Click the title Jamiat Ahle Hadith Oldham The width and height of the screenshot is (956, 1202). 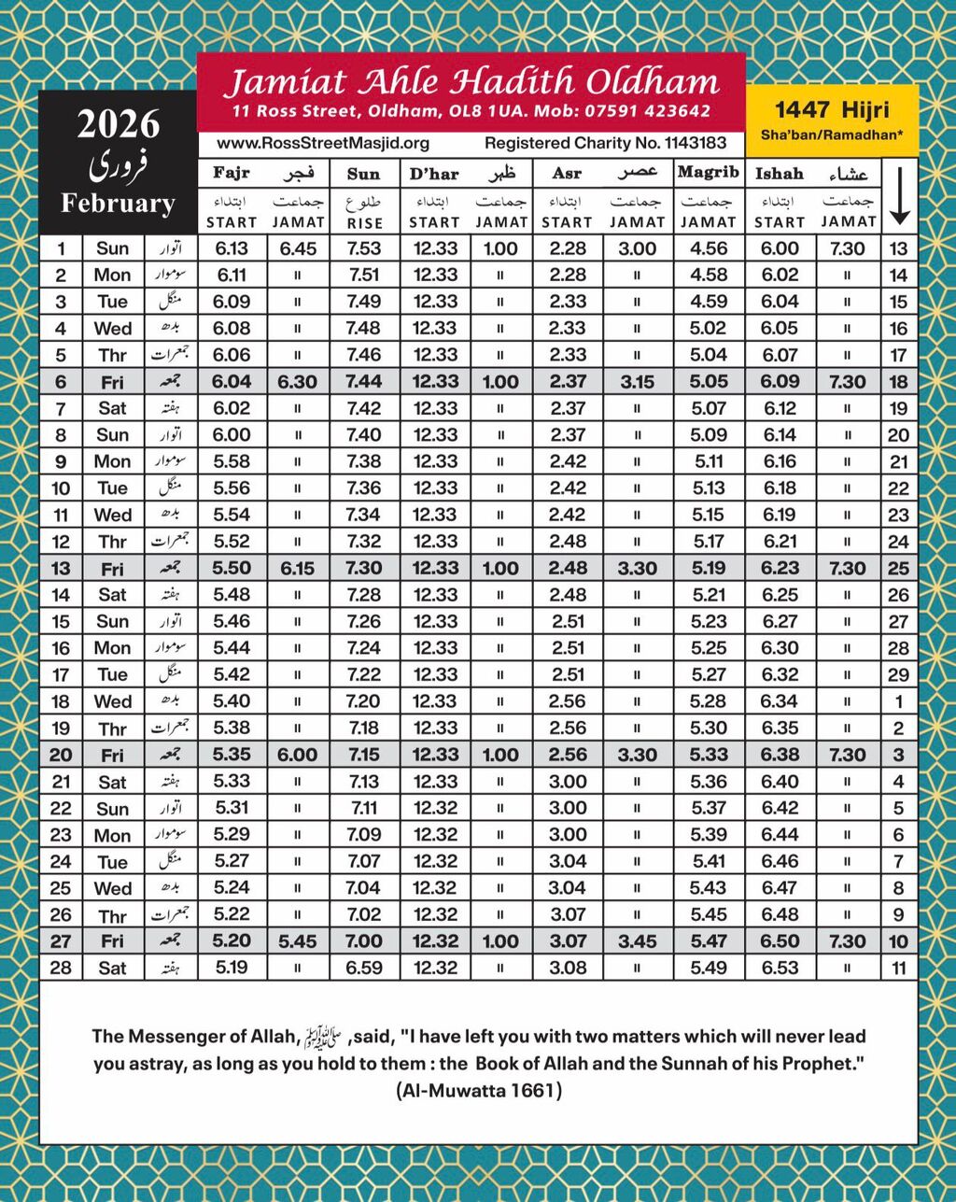click(471, 82)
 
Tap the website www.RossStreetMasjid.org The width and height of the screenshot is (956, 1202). click(323, 143)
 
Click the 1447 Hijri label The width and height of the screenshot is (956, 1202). click(832, 110)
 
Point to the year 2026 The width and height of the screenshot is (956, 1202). click(118, 123)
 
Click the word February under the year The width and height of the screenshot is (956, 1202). click(118, 204)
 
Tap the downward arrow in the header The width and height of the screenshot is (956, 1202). click(899, 196)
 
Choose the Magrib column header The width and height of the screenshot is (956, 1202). click(709, 173)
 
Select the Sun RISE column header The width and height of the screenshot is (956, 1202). click(363, 196)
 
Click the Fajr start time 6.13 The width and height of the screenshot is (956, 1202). click(232, 248)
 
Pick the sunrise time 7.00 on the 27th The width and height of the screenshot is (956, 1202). click(363, 941)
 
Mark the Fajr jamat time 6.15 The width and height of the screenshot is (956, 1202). click(297, 568)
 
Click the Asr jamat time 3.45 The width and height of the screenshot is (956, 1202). click(637, 941)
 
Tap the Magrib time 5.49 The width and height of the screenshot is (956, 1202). click(709, 968)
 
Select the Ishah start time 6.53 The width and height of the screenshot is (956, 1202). click(780, 968)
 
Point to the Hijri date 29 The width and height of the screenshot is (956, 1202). click(899, 674)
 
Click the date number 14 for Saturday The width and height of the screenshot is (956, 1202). click(62, 595)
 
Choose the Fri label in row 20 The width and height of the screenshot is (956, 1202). click(112, 756)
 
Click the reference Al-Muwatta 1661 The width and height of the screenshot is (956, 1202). click(478, 1090)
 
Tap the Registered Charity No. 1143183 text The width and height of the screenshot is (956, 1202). click(605, 143)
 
